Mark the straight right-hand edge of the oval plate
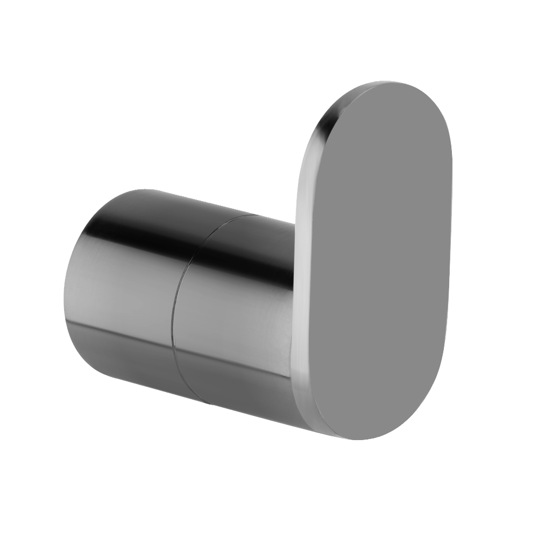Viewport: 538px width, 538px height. [x=449, y=242]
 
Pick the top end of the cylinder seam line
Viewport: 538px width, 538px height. [x=253, y=216]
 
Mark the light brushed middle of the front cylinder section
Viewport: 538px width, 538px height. [x=231, y=317]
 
